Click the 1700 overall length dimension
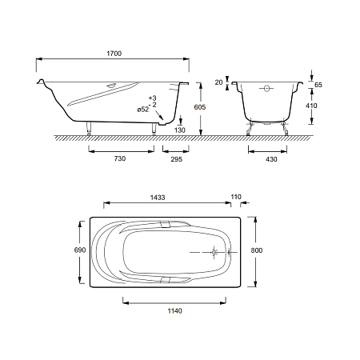[x=114, y=54]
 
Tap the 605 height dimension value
[x=200, y=107]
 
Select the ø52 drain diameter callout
[x=143, y=110]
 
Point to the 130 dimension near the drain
[x=180, y=130]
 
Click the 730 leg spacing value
[x=120, y=158]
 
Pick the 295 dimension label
[x=177, y=159]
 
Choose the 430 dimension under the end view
[x=271, y=159]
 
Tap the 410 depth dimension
[x=311, y=106]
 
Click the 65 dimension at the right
[x=318, y=85]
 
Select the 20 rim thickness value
[x=218, y=82]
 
